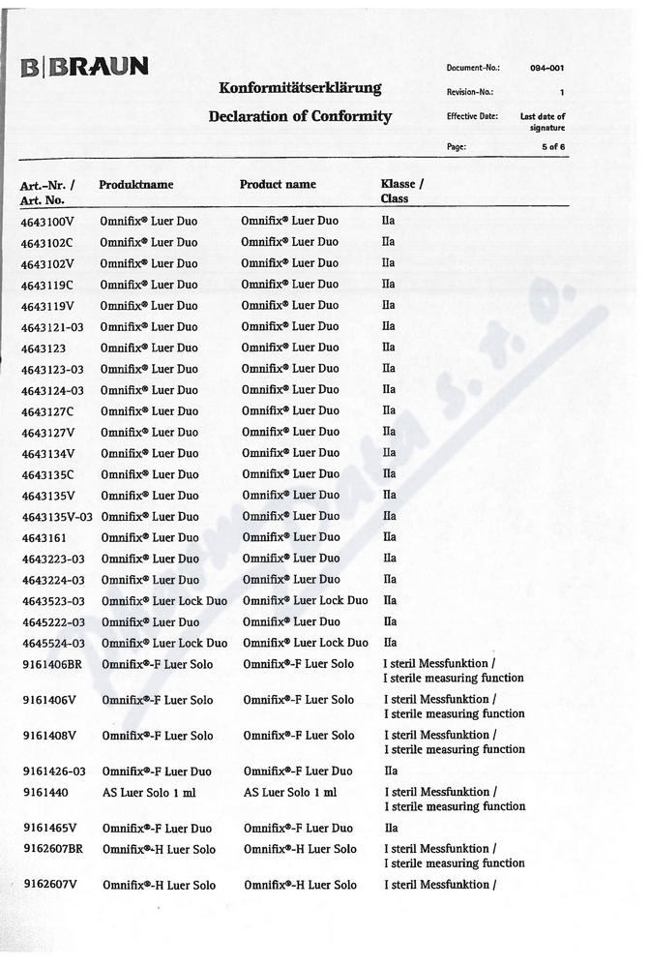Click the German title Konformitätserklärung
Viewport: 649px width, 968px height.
coord(300,88)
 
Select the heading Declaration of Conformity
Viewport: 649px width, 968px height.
coord(300,116)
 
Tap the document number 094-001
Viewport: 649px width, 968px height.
coord(547,68)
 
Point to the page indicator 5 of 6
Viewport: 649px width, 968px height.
coord(553,147)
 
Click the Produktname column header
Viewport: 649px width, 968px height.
coord(135,184)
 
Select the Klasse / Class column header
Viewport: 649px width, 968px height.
coord(401,191)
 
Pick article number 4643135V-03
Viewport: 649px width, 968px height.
coord(56,516)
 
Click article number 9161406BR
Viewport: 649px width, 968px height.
coord(53,664)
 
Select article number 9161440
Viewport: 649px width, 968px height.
coord(45,792)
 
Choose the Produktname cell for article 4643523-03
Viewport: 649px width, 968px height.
coord(164,601)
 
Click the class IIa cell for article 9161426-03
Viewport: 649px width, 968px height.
coord(391,771)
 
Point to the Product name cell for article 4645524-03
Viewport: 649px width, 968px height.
coord(306,643)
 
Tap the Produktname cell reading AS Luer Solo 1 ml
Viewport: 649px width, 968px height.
coord(150,792)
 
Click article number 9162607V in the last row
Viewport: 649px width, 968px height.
coord(50,885)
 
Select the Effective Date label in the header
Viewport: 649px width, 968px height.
coord(472,116)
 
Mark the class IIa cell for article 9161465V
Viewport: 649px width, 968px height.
coord(391,829)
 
